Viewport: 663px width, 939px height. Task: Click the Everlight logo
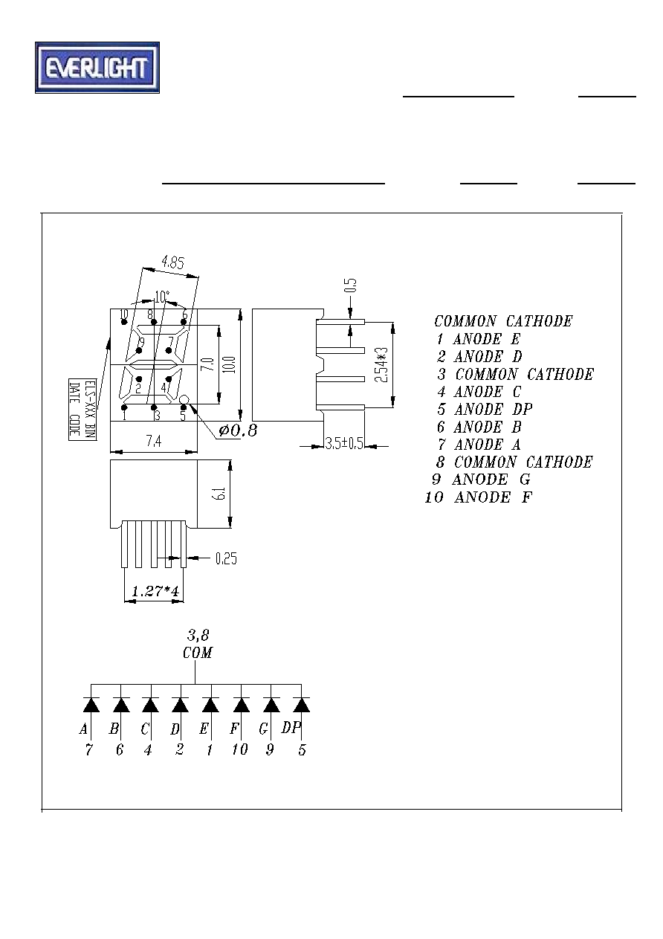coord(97,68)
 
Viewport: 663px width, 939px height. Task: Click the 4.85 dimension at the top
coord(172,263)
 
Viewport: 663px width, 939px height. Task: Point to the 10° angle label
coord(161,297)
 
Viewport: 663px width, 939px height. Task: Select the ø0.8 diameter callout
coord(238,430)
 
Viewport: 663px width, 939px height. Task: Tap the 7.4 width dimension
coord(153,441)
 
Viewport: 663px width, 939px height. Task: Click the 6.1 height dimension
coord(220,494)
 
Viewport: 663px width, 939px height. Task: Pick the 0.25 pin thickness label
coord(226,558)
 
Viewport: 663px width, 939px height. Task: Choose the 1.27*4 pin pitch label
coord(155,591)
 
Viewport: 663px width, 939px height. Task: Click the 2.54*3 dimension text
coord(381,365)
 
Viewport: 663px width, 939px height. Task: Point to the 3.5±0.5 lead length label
coord(344,444)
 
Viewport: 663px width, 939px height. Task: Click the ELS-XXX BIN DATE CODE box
coord(83,410)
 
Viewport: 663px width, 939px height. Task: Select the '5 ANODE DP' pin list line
coord(485,409)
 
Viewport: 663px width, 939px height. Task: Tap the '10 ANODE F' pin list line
coord(479,497)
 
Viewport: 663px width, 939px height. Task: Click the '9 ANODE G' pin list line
coord(481,480)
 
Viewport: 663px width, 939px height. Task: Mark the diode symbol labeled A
coord(91,706)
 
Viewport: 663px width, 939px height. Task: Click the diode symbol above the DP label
coord(301,706)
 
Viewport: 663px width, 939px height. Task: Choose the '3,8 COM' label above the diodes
coord(198,645)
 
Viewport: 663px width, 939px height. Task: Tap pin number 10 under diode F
coord(240,749)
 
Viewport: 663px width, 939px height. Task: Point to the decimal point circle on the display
coord(184,398)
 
